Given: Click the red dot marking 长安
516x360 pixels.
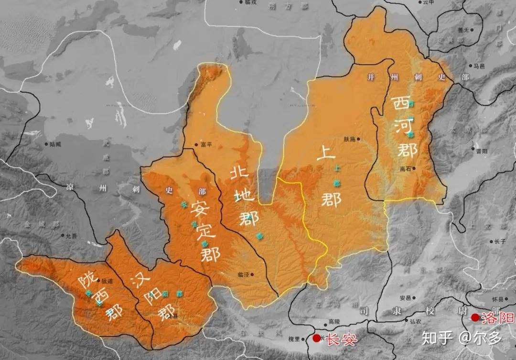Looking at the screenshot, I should (316, 338).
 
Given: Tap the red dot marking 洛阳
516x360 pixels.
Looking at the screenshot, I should (475, 317).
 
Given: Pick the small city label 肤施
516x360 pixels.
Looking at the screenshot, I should (349, 139).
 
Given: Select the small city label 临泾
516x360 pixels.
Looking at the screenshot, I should (243, 274).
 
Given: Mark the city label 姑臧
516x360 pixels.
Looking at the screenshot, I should (55, 143).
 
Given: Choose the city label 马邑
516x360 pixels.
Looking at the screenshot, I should (478, 66).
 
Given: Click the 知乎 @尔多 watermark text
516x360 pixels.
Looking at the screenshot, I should (461, 338).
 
